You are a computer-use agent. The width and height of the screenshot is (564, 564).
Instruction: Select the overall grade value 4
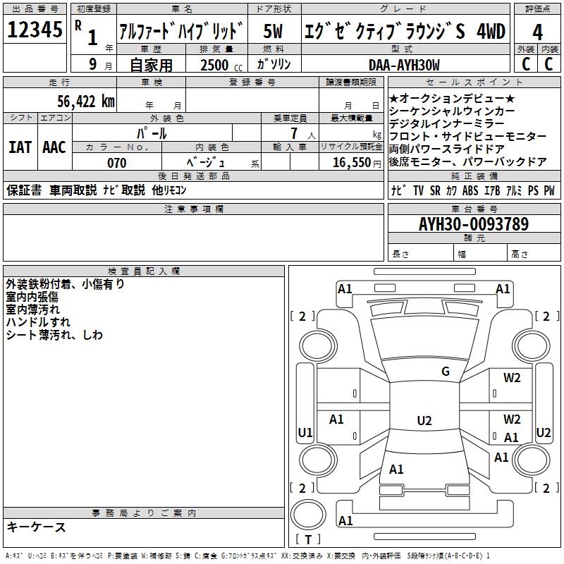tap(537, 32)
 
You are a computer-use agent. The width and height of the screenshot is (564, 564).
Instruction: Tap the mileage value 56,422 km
tap(78, 102)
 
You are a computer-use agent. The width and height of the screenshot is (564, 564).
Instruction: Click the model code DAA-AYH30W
tap(404, 65)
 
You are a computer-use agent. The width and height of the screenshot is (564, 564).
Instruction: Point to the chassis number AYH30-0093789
tap(473, 224)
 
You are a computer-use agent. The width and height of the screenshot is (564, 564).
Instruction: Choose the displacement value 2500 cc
tap(216, 65)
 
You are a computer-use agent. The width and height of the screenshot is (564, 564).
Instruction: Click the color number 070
tap(116, 163)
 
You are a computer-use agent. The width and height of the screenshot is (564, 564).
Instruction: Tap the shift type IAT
tap(20, 147)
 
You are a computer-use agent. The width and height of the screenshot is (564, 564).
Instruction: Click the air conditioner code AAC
tap(54, 147)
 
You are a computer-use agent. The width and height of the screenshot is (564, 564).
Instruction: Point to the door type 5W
tap(274, 31)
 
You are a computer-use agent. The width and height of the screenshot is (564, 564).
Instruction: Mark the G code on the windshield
tap(445, 372)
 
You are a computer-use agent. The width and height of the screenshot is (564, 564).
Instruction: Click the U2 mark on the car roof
tap(424, 421)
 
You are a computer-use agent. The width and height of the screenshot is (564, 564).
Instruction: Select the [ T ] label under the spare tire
tap(308, 539)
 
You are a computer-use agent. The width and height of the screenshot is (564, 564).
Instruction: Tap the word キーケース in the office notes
tap(36, 527)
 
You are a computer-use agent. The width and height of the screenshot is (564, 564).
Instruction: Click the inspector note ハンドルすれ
tap(33, 321)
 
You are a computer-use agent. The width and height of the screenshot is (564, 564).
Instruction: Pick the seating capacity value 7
tap(291, 133)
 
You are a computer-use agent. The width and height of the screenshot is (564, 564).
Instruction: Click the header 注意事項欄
tap(194, 209)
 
